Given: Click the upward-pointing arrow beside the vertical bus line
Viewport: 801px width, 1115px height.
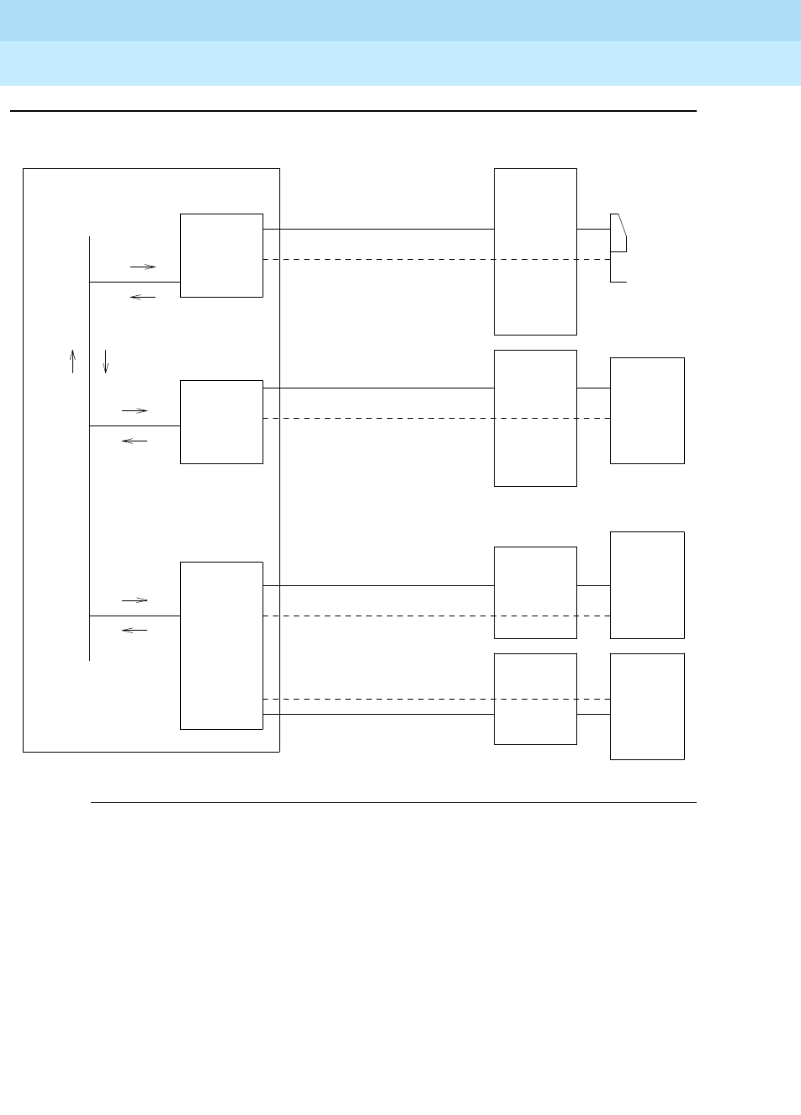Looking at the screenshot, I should click(x=72, y=361).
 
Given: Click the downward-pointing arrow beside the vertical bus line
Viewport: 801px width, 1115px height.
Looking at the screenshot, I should click(x=105, y=361).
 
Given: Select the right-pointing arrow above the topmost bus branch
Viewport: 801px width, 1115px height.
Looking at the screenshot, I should click(x=143, y=267).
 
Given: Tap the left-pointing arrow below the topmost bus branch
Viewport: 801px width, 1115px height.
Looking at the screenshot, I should click(x=143, y=298).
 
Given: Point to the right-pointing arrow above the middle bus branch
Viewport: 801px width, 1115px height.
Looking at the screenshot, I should click(x=135, y=410).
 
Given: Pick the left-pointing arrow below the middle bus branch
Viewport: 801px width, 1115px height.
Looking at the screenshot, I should click(x=135, y=441).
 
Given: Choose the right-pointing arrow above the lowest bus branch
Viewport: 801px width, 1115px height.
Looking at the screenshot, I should click(x=135, y=600).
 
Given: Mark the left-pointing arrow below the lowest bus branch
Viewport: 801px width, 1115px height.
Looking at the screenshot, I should click(x=135, y=630).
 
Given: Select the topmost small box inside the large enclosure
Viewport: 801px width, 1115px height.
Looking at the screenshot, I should click(x=221, y=255).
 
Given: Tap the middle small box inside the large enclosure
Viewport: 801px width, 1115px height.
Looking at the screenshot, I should click(x=221, y=421).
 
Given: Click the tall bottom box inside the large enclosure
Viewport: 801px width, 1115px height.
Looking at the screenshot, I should click(x=221, y=645).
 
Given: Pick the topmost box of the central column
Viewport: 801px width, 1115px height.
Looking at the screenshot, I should click(x=535, y=251).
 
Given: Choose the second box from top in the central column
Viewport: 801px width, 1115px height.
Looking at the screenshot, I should click(x=535, y=418).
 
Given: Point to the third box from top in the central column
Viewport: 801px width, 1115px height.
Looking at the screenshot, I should click(x=535, y=593).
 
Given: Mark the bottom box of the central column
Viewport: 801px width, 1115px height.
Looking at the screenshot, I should click(x=535, y=699).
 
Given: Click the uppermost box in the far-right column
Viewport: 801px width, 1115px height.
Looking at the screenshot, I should click(x=647, y=410).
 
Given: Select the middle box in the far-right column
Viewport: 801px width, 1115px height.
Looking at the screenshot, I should click(x=647, y=584).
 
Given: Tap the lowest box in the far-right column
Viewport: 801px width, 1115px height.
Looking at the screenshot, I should click(x=647, y=706).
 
